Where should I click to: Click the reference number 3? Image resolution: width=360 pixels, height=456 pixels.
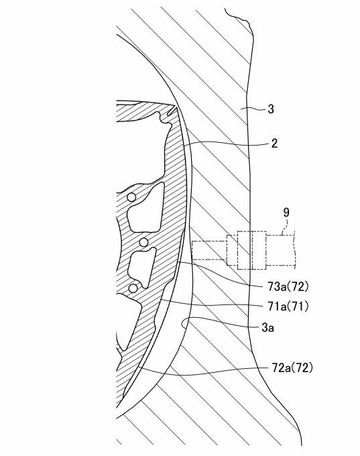click(x=271, y=109)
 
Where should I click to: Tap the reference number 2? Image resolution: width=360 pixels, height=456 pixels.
click(x=274, y=143)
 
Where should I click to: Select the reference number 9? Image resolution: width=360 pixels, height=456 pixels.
click(x=286, y=213)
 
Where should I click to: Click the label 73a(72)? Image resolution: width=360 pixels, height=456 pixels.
click(x=288, y=287)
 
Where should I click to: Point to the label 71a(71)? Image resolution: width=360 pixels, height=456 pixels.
click(x=288, y=306)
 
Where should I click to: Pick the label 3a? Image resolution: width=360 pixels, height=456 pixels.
click(x=267, y=328)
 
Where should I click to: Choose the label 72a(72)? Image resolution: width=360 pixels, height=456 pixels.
click(x=292, y=368)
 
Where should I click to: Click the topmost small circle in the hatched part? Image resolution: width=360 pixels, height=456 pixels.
click(x=131, y=197)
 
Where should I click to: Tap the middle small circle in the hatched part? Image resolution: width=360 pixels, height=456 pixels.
click(x=143, y=242)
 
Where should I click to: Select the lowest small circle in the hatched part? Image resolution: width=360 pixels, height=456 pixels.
click(x=133, y=288)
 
